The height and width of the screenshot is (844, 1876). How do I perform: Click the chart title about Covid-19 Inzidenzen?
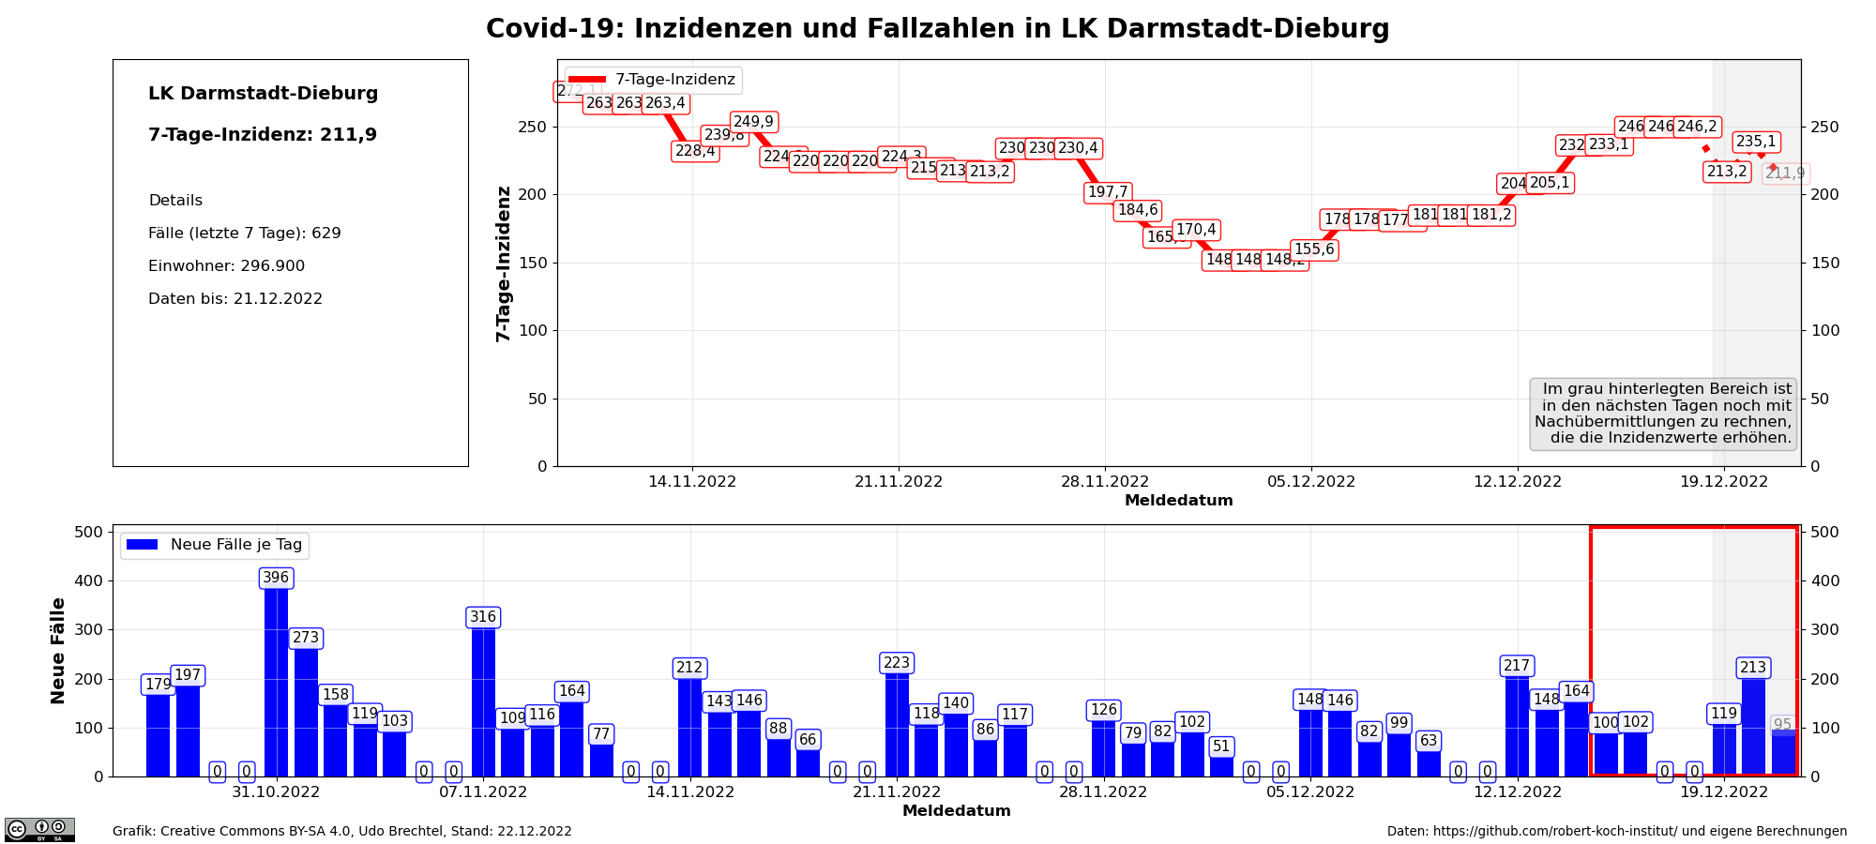[937, 29]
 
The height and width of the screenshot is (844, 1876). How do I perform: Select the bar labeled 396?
[276, 680]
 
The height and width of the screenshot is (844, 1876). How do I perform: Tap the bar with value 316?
[483, 699]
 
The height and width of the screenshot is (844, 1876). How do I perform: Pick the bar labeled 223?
[897, 722]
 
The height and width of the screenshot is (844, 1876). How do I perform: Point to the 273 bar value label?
[306, 638]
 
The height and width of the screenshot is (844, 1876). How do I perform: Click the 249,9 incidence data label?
[753, 122]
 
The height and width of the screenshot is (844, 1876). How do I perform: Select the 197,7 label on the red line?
[1108, 192]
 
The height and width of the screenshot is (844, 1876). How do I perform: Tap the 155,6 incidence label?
[1314, 249]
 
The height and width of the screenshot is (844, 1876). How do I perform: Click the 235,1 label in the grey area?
[1756, 142]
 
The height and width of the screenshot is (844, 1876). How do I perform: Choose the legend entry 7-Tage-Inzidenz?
[653, 80]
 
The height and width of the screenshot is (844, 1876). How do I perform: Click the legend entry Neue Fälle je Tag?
[215, 545]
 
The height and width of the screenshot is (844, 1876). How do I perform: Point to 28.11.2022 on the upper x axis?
[1105, 482]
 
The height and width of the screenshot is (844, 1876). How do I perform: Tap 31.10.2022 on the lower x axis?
[276, 792]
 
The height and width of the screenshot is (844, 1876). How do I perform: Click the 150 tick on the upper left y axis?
[537, 263]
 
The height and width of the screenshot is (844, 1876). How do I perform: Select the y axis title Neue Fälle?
[58, 650]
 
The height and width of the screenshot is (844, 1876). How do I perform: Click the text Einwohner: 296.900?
[226, 266]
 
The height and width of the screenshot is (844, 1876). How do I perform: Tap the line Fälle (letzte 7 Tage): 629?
[244, 234]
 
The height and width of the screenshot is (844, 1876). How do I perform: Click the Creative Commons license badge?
[39, 829]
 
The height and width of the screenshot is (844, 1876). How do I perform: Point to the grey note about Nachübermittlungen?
[1663, 414]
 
